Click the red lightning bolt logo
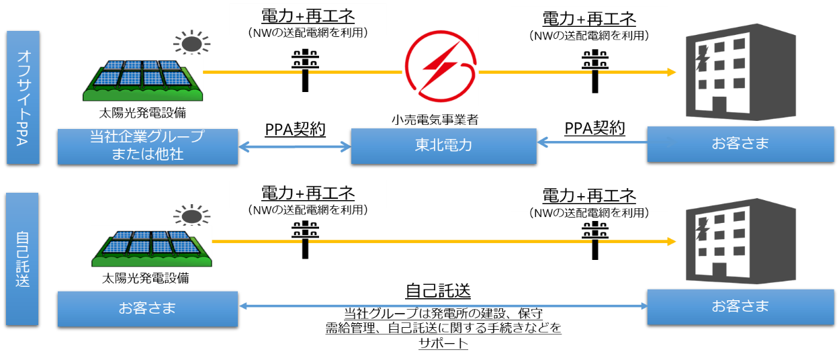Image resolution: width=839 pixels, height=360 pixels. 440,66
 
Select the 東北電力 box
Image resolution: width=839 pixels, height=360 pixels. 443,146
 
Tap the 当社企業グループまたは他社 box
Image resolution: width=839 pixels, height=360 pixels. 147,146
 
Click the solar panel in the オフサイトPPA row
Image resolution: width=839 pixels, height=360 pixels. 142,77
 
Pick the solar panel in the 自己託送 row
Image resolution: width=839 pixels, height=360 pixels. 152,244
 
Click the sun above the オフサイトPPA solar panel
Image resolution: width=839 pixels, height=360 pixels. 191,43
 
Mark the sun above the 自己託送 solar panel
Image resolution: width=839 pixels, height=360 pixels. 191,216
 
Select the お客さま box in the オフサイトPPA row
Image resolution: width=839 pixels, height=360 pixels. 740,143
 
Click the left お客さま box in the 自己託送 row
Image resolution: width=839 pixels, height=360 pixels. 147,308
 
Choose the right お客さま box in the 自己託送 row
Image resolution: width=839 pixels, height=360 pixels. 740,306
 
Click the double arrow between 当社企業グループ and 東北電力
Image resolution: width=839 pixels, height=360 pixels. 295,145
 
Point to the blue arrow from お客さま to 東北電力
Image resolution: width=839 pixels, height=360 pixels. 591,142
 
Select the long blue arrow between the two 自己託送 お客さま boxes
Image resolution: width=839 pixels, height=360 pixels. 443,306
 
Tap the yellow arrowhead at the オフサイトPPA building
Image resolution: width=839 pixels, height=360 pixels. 672,72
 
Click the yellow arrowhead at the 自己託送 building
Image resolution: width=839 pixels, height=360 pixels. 672,241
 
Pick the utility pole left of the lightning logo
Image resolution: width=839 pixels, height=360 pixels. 305,69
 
